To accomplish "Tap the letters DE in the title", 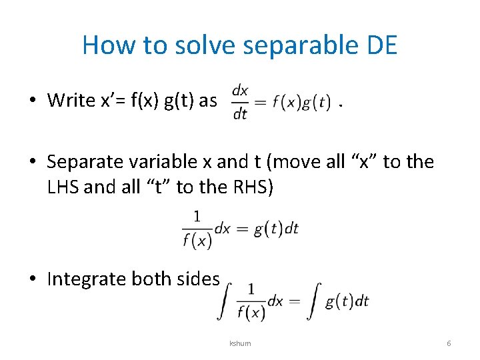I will pos(381,45).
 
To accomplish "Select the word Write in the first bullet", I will pos(72,100).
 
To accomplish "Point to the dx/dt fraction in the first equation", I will pos(240,101).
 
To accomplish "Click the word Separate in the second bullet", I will pos(85,162).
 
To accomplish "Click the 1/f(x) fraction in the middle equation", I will pos(197,229).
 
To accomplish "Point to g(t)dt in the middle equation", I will pos(276,229).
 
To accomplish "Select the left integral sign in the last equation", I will pos(224,301).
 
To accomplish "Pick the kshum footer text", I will pos(239,343).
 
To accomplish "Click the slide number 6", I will pos(449,343).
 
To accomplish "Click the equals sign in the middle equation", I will pos(241,229).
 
